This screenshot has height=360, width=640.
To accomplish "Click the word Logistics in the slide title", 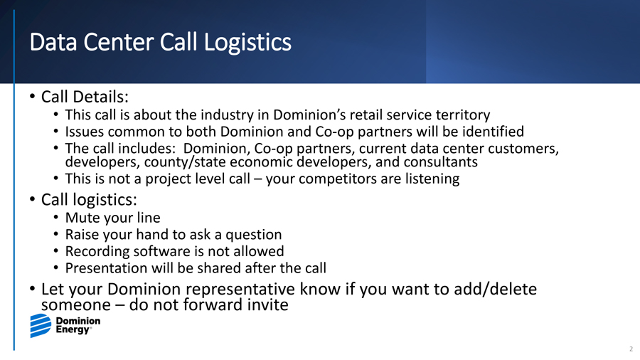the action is click(247, 43).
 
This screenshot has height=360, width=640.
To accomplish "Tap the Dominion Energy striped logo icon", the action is click(41, 326).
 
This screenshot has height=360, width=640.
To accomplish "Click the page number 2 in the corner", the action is click(631, 349).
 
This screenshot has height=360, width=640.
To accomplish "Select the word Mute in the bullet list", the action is click(81, 218).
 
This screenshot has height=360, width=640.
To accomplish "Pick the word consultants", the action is click(440, 162).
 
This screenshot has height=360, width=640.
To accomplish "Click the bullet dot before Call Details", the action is click(32, 97).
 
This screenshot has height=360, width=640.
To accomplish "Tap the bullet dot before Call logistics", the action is click(32, 200).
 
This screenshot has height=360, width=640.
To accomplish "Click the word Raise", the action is click(82, 235).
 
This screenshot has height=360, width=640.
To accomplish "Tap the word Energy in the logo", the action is click(73, 330).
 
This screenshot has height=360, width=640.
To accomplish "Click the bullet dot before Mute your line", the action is click(56, 218).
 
